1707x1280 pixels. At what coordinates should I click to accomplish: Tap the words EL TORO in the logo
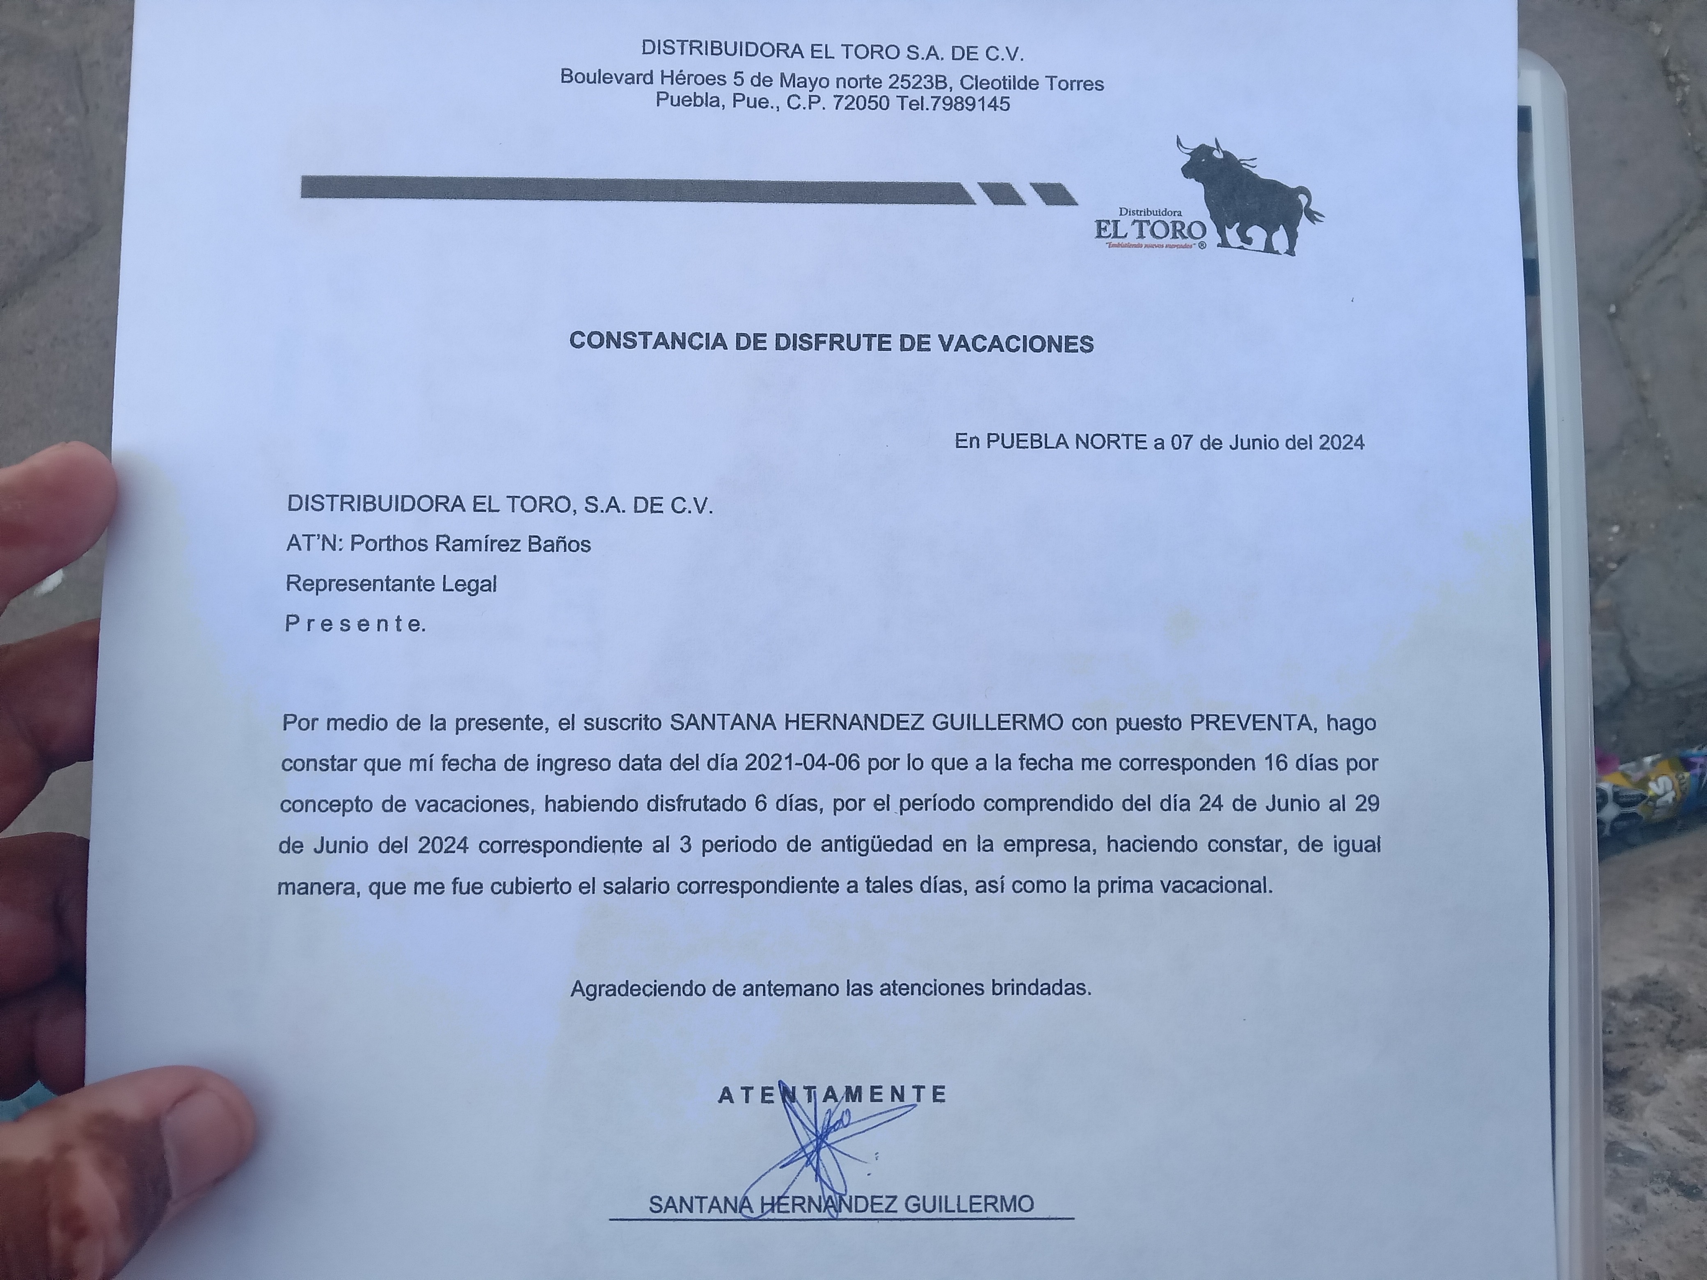tap(1150, 229)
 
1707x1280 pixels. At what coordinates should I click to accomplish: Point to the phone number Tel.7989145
tap(953, 103)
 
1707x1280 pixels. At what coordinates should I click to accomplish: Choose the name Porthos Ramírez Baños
tap(470, 544)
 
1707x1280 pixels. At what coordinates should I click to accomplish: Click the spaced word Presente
tap(355, 624)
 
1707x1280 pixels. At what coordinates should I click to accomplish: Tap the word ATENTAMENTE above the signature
tap(832, 1094)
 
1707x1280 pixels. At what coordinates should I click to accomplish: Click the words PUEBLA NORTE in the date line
tap(1066, 442)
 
